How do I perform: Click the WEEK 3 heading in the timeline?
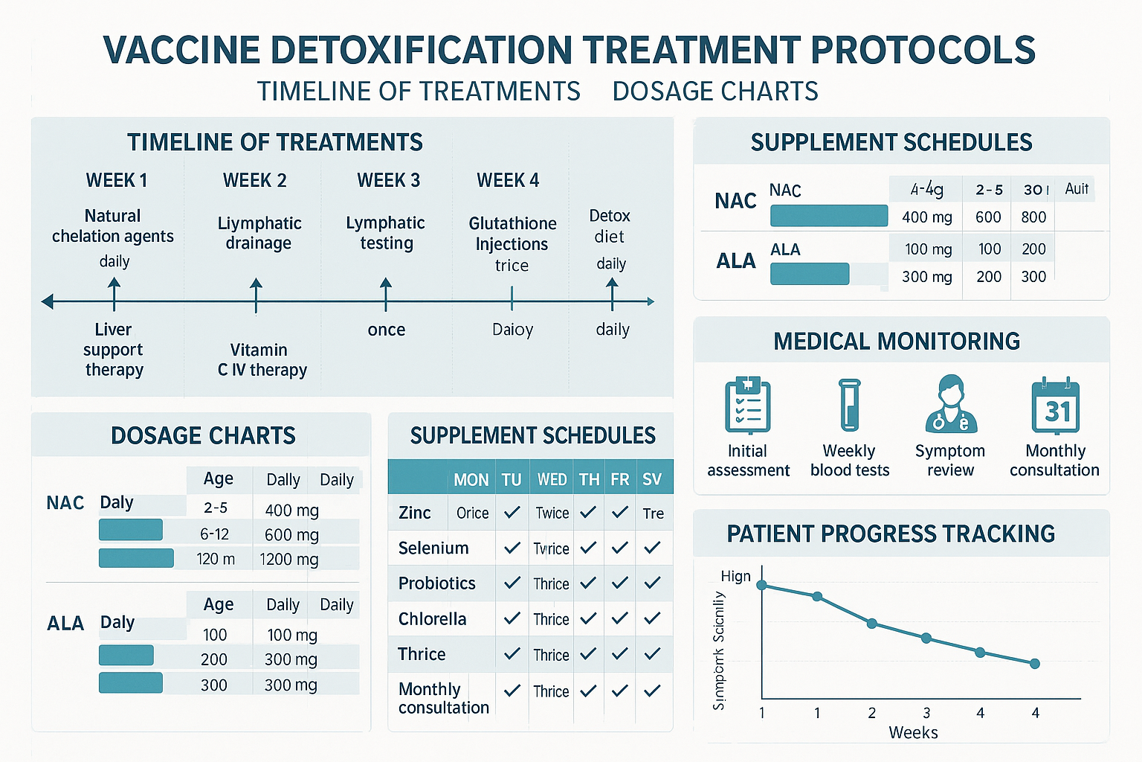[x=388, y=181]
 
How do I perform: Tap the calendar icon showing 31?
[x=1055, y=406]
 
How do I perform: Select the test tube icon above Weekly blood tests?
[x=849, y=406]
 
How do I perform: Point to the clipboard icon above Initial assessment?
[x=747, y=406]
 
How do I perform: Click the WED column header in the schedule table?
[x=552, y=480]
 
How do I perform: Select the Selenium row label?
[x=433, y=548]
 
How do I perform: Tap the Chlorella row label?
[x=432, y=619]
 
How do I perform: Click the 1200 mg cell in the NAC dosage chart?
[x=288, y=560]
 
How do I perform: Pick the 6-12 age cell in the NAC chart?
[x=214, y=534]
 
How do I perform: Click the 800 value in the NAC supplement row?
[x=1033, y=217]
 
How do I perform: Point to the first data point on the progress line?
[x=761, y=586]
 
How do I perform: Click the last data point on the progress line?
[x=1035, y=664]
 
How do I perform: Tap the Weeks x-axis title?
[x=913, y=733]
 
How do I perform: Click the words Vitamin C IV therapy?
[x=261, y=360]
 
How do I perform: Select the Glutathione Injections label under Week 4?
[x=512, y=234]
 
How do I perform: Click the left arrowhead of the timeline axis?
[x=48, y=301]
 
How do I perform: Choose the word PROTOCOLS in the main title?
[x=922, y=51]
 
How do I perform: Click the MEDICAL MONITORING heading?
[x=897, y=342]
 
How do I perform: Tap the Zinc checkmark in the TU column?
[x=512, y=513]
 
